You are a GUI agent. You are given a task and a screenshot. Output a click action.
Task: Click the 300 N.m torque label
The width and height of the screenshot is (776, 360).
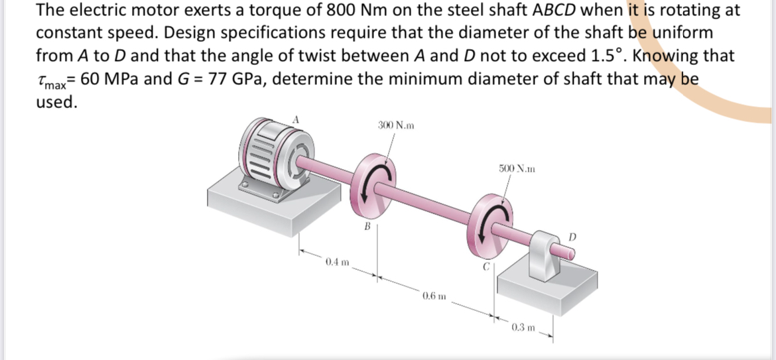click(396, 125)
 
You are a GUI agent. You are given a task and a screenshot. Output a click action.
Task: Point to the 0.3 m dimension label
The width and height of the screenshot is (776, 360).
click(524, 328)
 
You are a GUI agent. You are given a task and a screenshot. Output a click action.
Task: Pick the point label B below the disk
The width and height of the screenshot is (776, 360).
click(365, 227)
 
